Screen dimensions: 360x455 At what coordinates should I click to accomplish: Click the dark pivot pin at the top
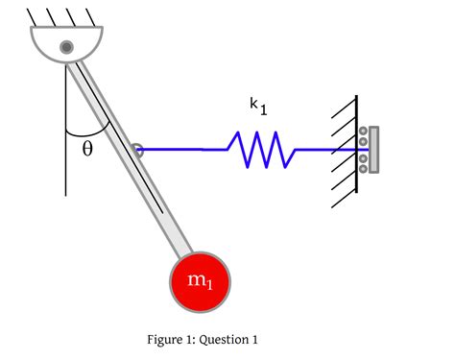66,46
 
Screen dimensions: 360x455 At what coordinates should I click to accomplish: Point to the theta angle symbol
87,150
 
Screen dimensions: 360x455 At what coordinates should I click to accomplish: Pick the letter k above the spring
253,106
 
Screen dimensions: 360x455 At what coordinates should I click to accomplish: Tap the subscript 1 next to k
262,110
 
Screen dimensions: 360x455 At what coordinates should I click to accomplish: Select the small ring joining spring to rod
137,149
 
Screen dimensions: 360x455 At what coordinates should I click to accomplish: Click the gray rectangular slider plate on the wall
373,149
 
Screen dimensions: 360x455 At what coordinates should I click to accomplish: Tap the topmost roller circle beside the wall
363,132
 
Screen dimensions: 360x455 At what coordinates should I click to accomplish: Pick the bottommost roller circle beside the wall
363,168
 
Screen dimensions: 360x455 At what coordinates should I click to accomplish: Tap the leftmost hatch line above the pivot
33,16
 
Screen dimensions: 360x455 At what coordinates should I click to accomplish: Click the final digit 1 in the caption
255,339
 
